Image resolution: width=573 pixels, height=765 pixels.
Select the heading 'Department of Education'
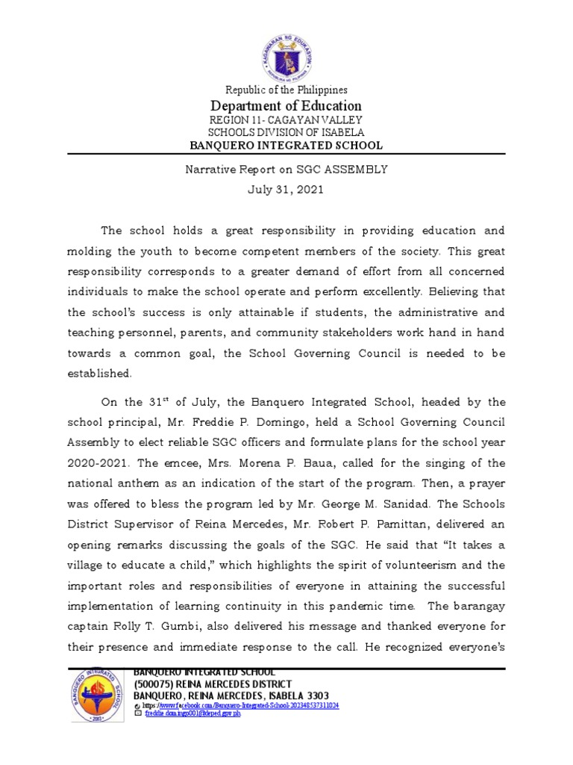[x=286, y=106]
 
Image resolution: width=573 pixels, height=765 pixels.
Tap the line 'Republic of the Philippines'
[x=286, y=90]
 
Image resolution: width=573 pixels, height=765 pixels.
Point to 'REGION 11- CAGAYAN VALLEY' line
[x=286, y=120]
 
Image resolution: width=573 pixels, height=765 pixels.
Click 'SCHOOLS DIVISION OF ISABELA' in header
[x=286, y=132]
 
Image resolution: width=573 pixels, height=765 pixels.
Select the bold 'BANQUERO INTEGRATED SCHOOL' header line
[x=286, y=146]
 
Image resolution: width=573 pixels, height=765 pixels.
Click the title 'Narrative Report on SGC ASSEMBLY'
[x=286, y=170]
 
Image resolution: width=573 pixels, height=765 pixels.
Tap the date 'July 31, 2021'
[x=286, y=190]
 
